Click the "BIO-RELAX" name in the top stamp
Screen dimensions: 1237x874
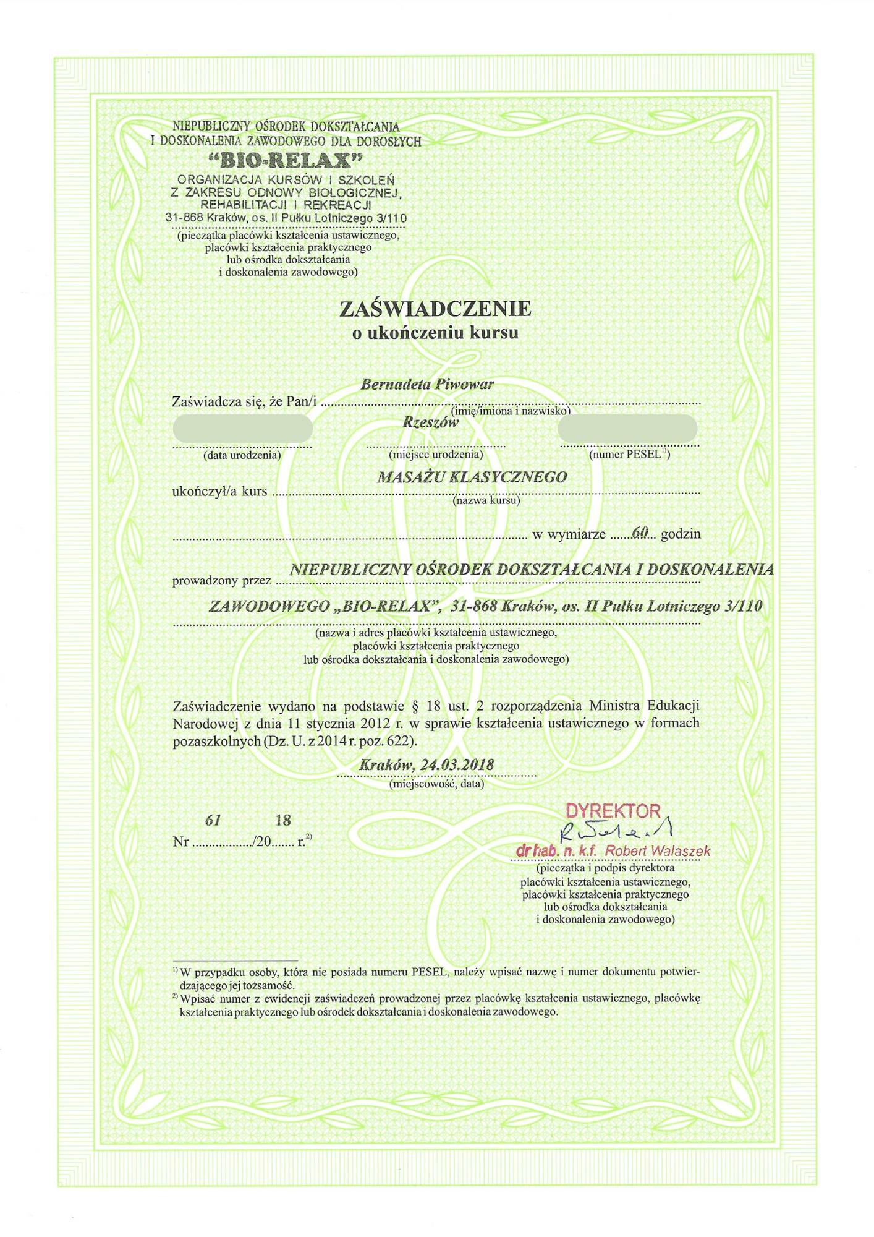286,161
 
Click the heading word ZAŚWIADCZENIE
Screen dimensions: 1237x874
435,309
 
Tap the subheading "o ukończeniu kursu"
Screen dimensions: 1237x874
435,333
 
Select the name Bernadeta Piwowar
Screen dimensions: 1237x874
427,385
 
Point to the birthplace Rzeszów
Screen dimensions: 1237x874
431,423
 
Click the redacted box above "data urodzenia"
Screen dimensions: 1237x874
242,428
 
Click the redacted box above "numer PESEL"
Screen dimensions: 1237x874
627,428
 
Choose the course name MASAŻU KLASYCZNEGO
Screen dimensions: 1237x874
472,477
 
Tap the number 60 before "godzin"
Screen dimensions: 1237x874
639,533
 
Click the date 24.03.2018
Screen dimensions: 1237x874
457,765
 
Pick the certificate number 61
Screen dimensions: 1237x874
213,821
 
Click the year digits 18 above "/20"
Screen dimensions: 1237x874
283,821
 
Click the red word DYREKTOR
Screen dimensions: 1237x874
613,811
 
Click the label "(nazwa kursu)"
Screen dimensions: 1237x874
486,500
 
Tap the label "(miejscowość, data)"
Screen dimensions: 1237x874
436,784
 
